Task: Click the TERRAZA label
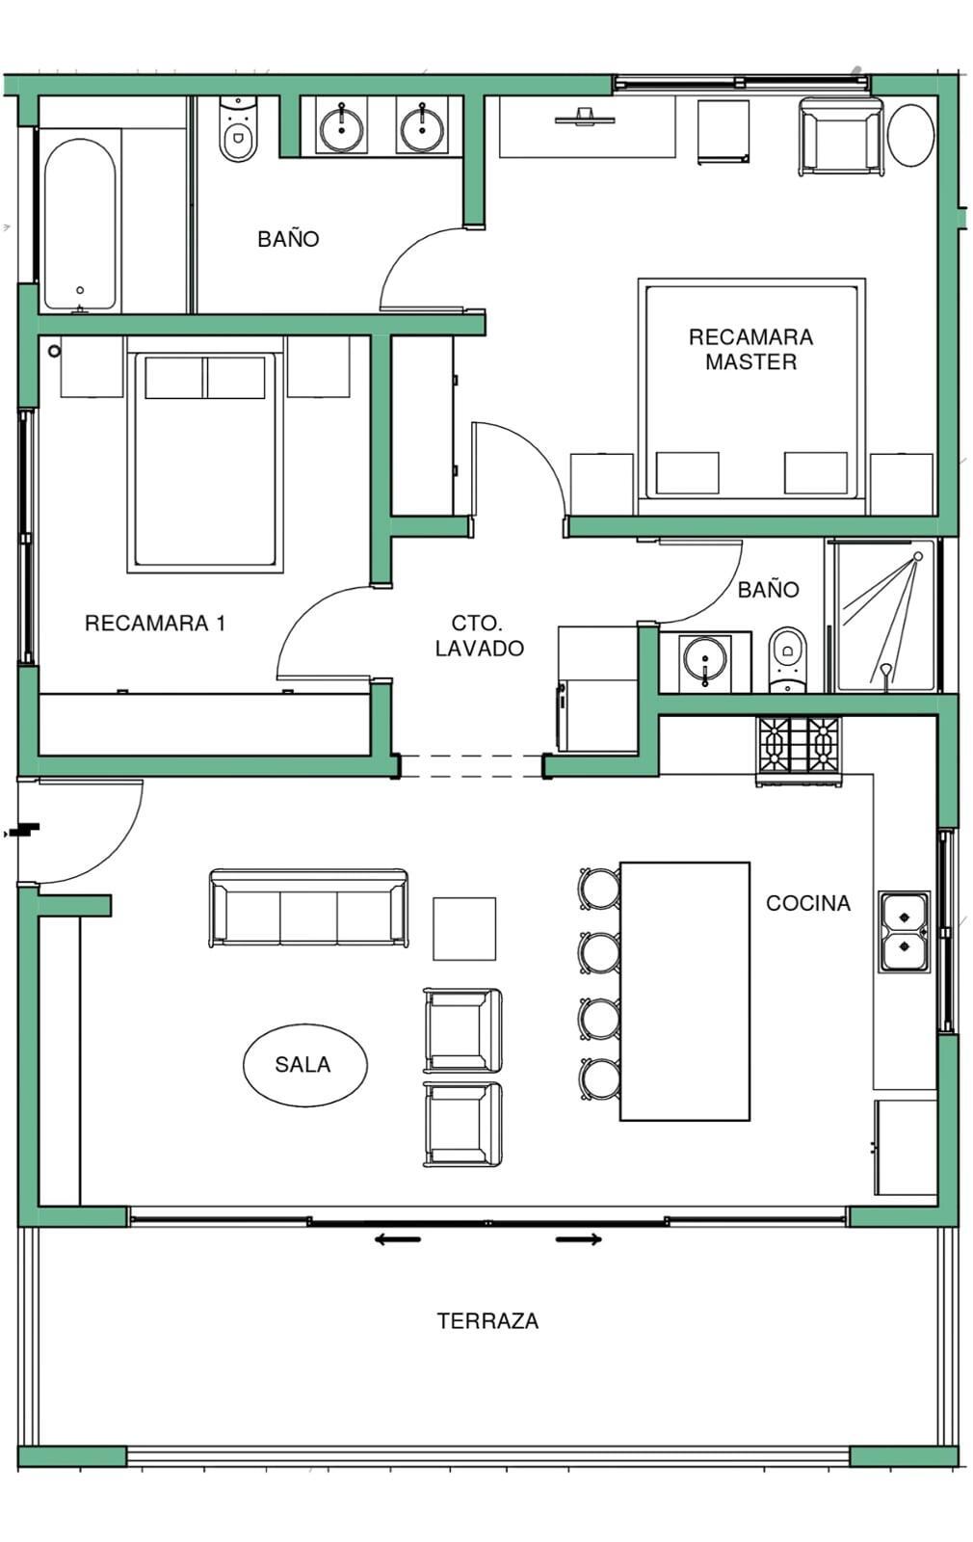[487, 1321]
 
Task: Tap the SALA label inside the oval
[302, 1065]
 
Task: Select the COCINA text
[808, 903]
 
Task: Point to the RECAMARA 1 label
[155, 623]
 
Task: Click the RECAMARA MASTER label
[750, 349]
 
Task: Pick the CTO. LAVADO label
[479, 635]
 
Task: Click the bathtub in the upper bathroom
[80, 224]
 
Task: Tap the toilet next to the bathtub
[237, 130]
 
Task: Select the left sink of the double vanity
[342, 126]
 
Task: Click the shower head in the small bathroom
[918, 556]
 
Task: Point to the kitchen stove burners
[799, 745]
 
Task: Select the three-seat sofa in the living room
[308, 908]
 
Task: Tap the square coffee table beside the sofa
[463, 929]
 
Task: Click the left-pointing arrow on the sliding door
[397, 1239]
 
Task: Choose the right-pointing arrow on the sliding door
[579, 1239]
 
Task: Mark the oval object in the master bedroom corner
[910, 135]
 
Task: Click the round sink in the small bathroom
[704, 659]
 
